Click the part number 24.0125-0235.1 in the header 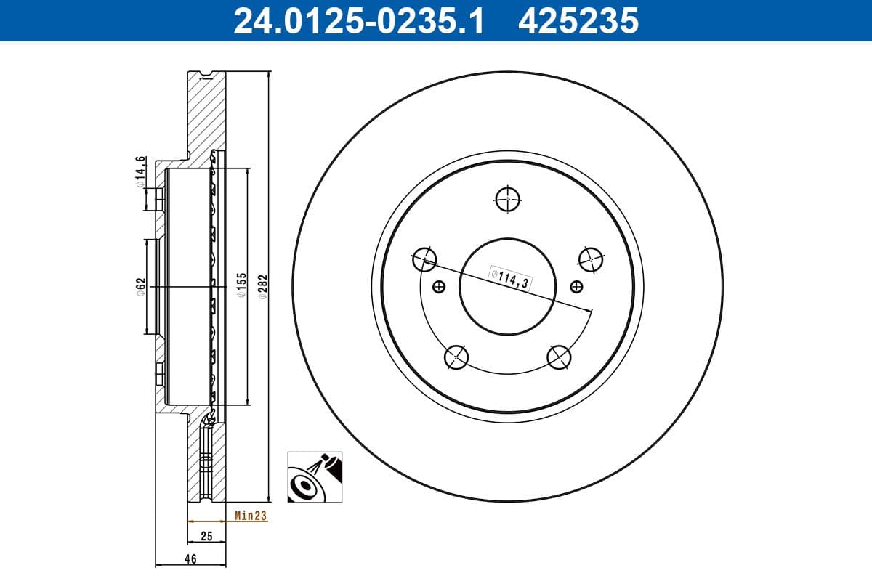point(358,20)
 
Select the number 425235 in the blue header point(578,20)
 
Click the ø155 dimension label point(243,286)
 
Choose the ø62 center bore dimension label point(141,286)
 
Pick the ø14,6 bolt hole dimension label point(141,171)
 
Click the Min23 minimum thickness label point(251,516)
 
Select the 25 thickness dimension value point(206,537)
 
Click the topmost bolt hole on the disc point(507,198)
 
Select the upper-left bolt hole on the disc point(424,258)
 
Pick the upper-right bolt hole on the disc point(591,258)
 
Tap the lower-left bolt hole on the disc point(456,356)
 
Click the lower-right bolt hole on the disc point(559,356)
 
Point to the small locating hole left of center point(438,286)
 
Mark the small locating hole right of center point(576,286)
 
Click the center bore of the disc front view point(507,286)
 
